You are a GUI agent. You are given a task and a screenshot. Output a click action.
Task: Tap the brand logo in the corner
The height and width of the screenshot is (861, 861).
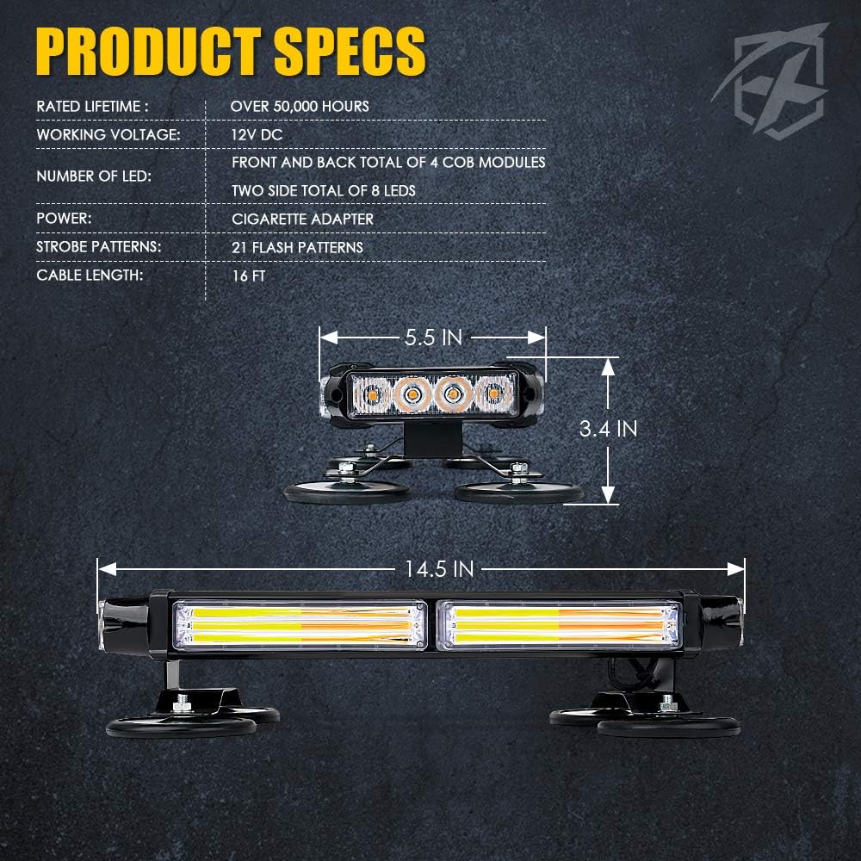pyautogui.click(x=770, y=80)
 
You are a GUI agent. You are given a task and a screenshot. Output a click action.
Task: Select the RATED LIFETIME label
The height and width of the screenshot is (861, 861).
pyautogui.click(x=92, y=107)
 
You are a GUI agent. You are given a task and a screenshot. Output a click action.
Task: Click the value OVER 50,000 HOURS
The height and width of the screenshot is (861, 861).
pyautogui.click(x=300, y=107)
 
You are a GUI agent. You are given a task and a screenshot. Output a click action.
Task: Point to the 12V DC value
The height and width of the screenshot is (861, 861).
pyautogui.click(x=257, y=135)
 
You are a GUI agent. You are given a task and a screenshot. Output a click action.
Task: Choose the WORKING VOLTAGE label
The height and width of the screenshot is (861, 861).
pyautogui.click(x=108, y=135)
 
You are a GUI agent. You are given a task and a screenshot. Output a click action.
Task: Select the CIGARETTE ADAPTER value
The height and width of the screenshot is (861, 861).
pyautogui.click(x=302, y=219)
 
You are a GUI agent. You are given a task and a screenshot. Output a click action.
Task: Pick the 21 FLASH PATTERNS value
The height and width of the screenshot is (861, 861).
pyautogui.click(x=297, y=247)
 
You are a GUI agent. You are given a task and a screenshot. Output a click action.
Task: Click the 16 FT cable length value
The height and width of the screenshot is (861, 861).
pyautogui.click(x=249, y=276)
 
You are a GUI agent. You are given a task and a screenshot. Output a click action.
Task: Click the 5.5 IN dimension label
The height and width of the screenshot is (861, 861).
pyautogui.click(x=433, y=337)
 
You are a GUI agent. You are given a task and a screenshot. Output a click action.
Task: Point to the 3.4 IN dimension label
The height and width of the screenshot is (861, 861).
pyautogui.click(x=608, y=429)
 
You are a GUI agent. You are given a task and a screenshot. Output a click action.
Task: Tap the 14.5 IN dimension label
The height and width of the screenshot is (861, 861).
pyautogui.click(x=439, y=569)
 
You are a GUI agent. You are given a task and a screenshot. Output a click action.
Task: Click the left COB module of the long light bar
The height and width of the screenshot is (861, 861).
pyautogui.click(x=300, y=626)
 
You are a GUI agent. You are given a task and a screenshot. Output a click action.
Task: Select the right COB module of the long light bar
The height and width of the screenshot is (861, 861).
pyautogui.click(x=559, y=626)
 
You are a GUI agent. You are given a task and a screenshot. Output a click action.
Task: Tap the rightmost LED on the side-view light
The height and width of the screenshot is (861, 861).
pyautogui.click(x=493, y=394)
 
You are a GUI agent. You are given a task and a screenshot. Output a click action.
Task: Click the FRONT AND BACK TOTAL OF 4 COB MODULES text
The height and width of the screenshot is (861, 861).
pyautogui.click(x=388, y=162)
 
